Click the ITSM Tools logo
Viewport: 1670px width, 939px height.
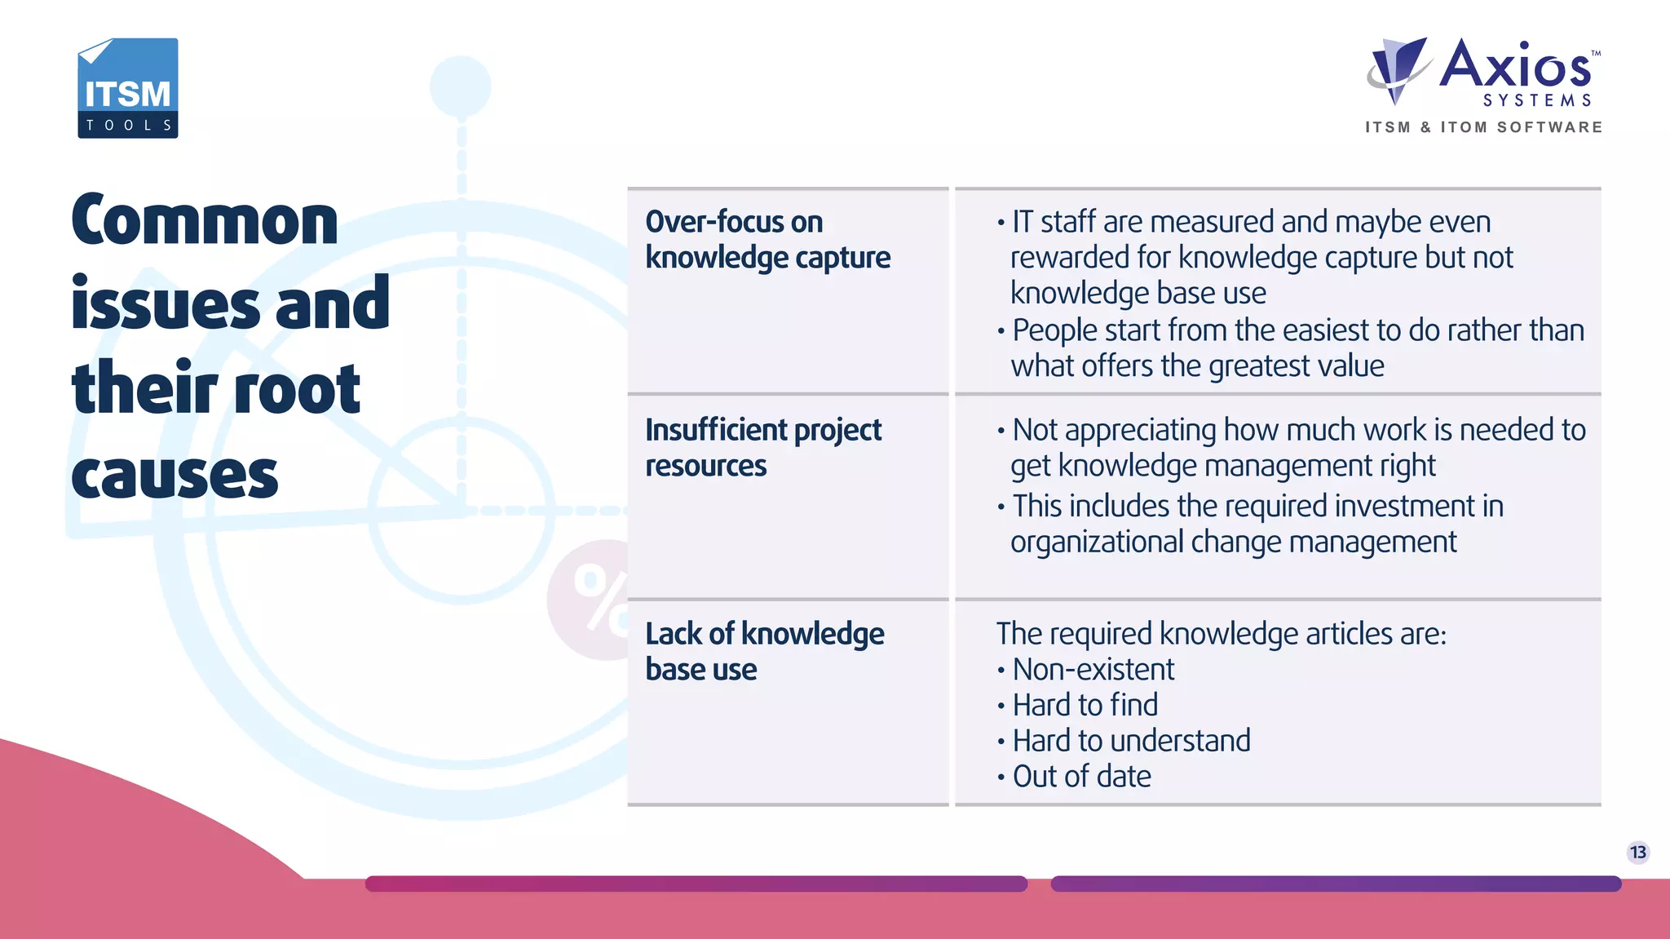point(128,88)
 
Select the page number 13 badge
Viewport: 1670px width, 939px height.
point(1637,853)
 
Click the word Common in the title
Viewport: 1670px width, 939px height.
point(205,221)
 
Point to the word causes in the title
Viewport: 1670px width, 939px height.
point(175,476)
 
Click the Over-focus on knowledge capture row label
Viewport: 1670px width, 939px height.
point(767,240)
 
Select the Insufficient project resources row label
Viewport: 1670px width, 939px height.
point(763,447)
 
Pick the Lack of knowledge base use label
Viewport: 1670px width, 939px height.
point(764,651)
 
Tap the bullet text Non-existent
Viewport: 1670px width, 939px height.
point(1093,670)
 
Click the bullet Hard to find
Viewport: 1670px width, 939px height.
point(1085,705)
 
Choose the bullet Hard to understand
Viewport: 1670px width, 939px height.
point(1131,741)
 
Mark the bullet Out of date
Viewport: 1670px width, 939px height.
point(1081,777)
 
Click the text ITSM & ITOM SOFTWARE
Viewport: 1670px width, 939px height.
point(1483,127)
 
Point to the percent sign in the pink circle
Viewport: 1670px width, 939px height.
point(601,600)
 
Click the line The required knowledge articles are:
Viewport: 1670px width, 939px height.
point(1221,634)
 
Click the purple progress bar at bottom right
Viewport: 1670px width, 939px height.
point(1336,884)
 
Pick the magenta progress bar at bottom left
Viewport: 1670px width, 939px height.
point(696,884)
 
